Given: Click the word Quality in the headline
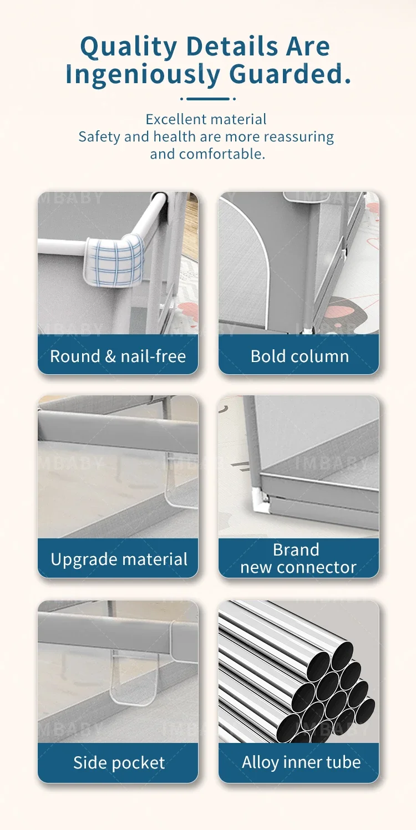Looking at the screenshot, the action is [129, 48].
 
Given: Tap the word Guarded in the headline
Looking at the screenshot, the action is [286, 74].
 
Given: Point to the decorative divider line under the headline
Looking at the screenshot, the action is [208, 99].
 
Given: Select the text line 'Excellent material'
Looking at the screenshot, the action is [206, 119].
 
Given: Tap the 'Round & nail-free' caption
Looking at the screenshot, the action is [118, 356].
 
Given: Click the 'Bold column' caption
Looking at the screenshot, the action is [300, 356].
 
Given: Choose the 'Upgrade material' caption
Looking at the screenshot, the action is [119, 559].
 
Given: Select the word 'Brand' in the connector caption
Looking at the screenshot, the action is [296, 549].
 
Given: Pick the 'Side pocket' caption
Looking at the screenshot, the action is [119, 762].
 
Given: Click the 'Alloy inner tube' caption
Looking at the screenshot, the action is [301, 762].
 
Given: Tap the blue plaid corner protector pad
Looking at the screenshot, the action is [114, 259].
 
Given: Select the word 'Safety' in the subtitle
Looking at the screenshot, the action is [99, 137].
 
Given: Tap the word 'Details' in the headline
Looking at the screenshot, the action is [232, 47].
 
